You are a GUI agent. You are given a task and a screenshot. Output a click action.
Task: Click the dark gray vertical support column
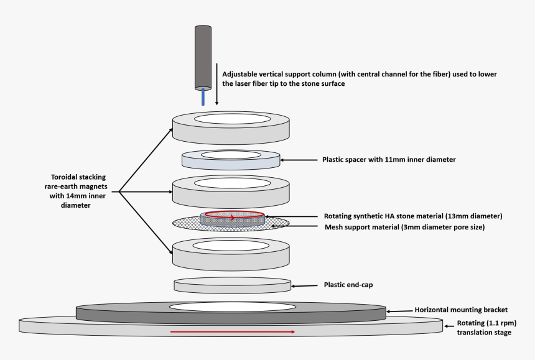[x=203, y=57]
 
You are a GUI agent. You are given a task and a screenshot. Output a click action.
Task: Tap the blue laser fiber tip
[x=203, y=97]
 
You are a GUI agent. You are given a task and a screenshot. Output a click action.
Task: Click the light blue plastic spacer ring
[x=230, y=162]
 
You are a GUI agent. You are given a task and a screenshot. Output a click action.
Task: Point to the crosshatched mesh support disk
[x=187, y=224]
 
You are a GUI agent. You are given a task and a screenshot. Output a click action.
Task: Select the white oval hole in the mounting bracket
[x=233, y=307]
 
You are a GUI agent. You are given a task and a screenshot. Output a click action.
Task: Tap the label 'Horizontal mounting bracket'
[x=460, y=310]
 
